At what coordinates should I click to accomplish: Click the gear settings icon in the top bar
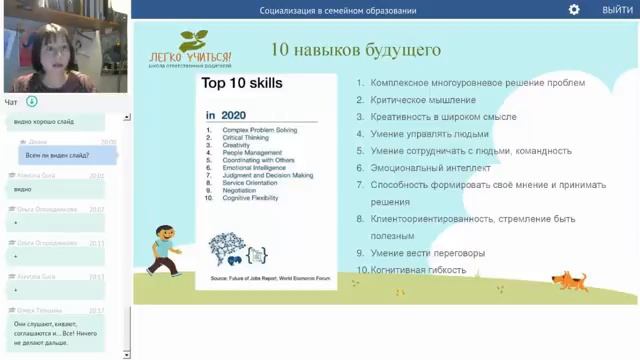pos(574,10)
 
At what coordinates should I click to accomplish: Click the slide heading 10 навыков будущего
pos(356,49)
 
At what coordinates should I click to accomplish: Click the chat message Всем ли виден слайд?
pos(59,155)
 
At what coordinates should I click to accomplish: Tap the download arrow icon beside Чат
pos(32,102)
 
